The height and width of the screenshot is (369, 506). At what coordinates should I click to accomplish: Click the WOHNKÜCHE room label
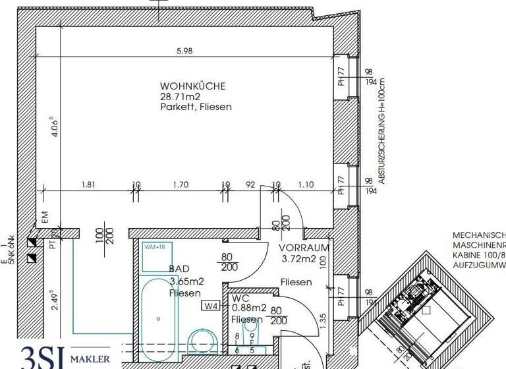193,86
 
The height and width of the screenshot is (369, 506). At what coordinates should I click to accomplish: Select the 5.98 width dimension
184,53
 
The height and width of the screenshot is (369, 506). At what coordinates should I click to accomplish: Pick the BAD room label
180,269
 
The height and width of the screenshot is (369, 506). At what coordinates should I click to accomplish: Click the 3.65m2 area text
186,281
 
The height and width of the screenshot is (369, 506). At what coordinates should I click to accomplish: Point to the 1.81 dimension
88,185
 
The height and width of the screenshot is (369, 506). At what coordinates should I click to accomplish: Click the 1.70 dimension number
181,185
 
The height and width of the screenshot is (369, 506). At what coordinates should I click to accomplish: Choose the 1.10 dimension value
305,185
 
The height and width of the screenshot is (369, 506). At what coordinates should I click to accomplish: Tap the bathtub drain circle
158,318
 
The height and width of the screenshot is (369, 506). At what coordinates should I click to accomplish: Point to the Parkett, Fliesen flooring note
196,107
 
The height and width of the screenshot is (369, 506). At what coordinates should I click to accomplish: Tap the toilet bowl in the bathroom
202,343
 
